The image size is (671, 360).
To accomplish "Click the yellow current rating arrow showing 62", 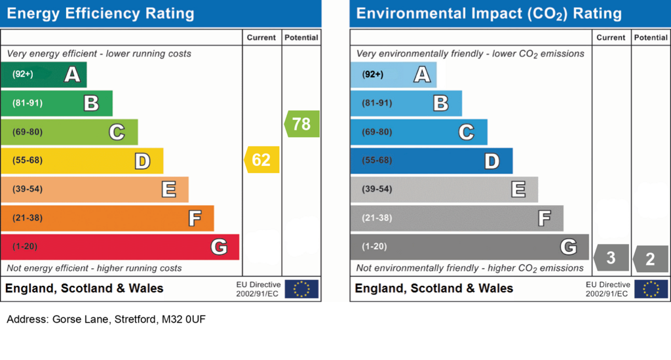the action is click(261, 159).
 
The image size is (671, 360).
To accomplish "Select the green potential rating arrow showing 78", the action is click(301, 124).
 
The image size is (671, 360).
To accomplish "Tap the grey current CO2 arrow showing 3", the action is click(611, 258).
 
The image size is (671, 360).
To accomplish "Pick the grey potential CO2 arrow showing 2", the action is click(651, 258).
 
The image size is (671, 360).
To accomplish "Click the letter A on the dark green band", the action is click(72, 75).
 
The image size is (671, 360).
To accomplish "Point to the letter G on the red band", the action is click(219, 247).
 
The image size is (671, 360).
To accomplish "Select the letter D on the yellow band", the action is click(142, 161).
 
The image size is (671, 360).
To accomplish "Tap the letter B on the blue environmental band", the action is click(441, 103).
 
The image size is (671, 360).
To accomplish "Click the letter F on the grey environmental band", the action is click(545, 218).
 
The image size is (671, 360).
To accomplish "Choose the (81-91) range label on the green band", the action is click(28, 103).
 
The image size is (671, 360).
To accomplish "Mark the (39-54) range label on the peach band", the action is click(28, 189).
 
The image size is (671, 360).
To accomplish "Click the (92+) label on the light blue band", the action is click(373, 75).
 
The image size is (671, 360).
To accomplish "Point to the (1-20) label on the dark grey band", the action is click(374, 247).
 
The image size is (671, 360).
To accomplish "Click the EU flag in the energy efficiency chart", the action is click(301, 289).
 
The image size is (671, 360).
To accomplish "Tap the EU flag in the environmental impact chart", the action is click(651, 289).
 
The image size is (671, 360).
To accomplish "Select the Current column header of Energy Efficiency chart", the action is click(261, 37).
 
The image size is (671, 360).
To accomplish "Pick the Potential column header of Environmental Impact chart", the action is click(651, 37).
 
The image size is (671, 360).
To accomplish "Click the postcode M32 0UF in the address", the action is click(183, 319).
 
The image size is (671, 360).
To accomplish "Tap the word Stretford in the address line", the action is click(135, 319).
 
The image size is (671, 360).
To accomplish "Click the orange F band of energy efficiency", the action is click(107, 218).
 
